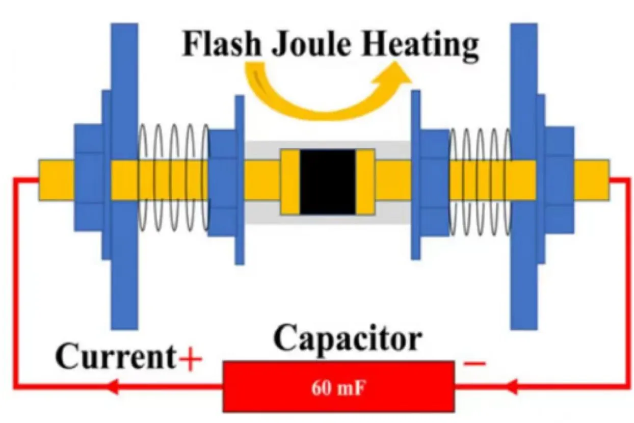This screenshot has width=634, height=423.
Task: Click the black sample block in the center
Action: click(x=328, y=182)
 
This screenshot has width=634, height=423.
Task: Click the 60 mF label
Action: click(x=337, y=388)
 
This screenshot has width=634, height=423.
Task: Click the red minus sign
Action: click(x=474, y=363)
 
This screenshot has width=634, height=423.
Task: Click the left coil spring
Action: click(x=173, y=178)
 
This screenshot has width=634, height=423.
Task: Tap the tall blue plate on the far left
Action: click(x=124, y=176)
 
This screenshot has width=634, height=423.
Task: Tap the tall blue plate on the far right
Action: click(x=524, y=176)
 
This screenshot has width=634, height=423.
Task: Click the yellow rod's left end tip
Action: click(x=39, y=180)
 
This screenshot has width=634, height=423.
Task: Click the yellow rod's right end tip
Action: click(x=609, y=180)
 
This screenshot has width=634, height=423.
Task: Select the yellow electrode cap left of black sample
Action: click(x=290, y=182)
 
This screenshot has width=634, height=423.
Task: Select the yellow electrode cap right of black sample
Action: click(x=365, y=182)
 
